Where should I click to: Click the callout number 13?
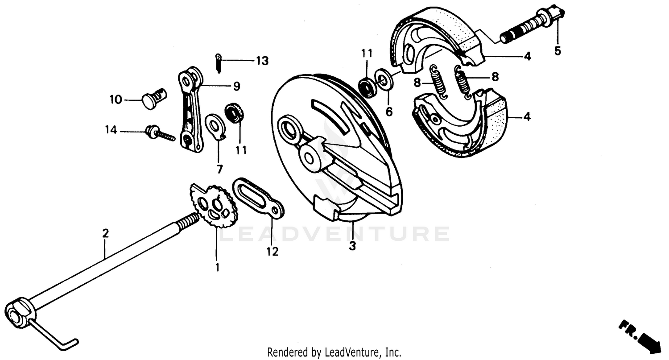262,61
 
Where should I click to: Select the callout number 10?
116,99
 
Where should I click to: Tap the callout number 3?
352,246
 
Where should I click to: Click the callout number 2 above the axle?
105,233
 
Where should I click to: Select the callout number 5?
557,50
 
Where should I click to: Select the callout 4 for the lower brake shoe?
527,117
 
